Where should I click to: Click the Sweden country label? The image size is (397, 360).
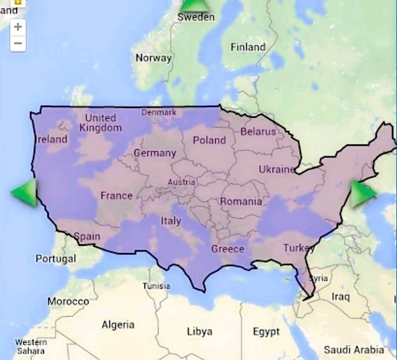pyautogui.click(x=196, y=17)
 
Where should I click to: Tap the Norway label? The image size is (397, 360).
pyautogui.click(x=153, y=58)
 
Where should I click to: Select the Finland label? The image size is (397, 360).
pyautogui.click(x=248, y=47)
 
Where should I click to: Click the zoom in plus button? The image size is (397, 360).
pyautogui.click(x=18, y=27)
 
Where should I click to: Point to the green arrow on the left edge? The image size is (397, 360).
pyautogui.click(x=25, y=192)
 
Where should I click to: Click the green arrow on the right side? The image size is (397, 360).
pyautogui.click(x=362, y=193)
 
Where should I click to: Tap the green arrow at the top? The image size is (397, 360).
pyautogui.click(x=195, y=5)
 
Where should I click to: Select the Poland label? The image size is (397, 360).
pyautogui.click(x=209, y=140)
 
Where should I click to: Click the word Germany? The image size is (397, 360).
pyautogui.click(x=154, y=153)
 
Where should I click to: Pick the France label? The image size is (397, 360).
pyautogui.click(x=116, y=196)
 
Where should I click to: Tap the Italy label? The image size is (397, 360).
pyautogui.click(x=171, y=221)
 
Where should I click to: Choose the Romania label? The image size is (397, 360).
pyautogui.click(x=241, y=202)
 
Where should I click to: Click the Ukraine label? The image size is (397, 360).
pyautogui.click(x=276, y=169)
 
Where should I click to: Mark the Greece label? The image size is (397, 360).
pyautogui.click(x=227, y=249)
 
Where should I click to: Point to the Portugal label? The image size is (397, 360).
pyautogui.click(x=56, y=259)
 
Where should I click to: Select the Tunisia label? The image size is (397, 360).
pyautogui.click(x=156, y=286)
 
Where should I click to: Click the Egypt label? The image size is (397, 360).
pyautogui.click(x=266, y=332)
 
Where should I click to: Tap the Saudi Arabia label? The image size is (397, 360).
pyautogui.click(x=354, y=349)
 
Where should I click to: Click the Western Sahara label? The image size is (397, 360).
pyautogui.click(x=31, y=346)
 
